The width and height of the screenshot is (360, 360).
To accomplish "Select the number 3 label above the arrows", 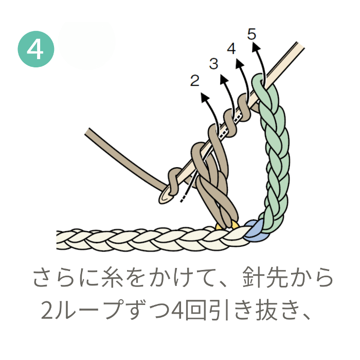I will (x=214, y=64).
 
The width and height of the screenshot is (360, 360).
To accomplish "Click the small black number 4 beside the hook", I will (x=231, y=49).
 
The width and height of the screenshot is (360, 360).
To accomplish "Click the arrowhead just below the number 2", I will (x=204, y=96).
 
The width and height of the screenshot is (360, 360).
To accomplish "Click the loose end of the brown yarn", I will (x=87, y=132).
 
